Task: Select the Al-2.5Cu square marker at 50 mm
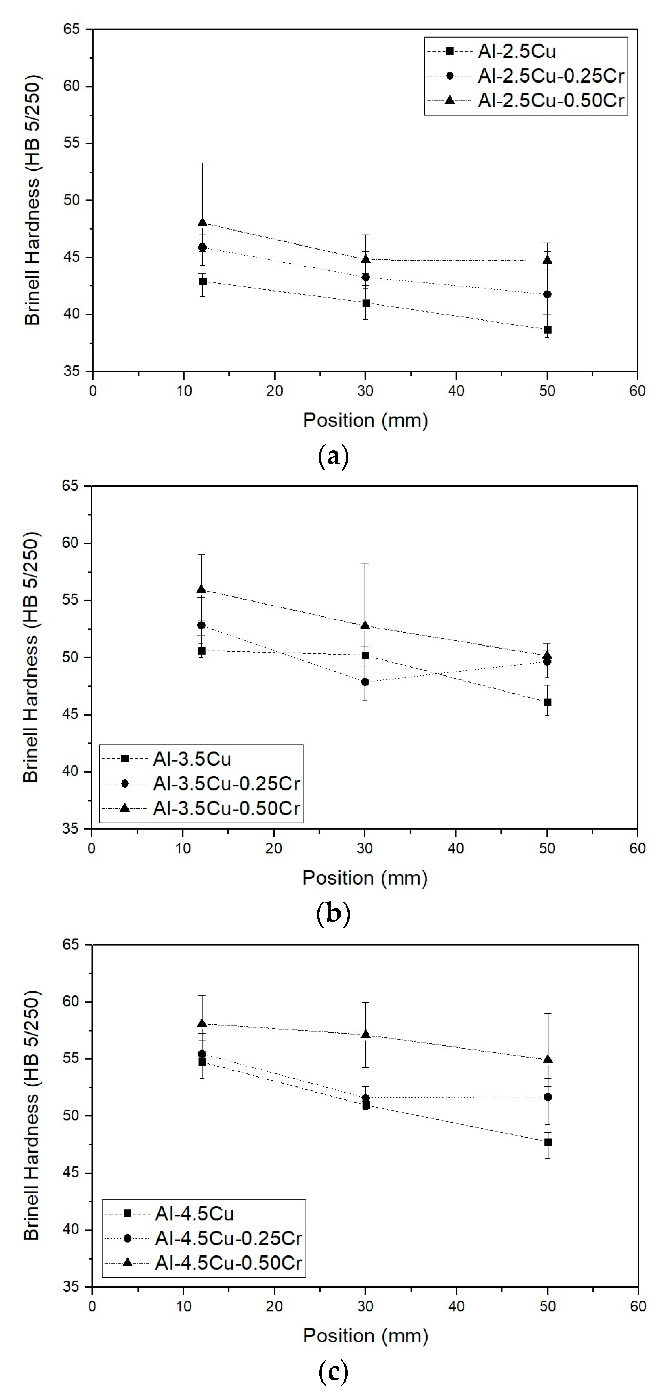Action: [547, 330]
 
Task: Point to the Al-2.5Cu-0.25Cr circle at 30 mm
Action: [366, 277]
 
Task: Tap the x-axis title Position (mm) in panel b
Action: [365, 877]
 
